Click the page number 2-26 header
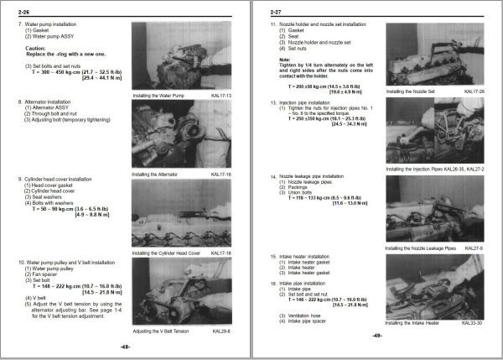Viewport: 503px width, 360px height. click(18, 13)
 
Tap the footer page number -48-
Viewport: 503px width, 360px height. click(124, 346)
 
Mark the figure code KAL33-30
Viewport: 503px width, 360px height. click(469, 320)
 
